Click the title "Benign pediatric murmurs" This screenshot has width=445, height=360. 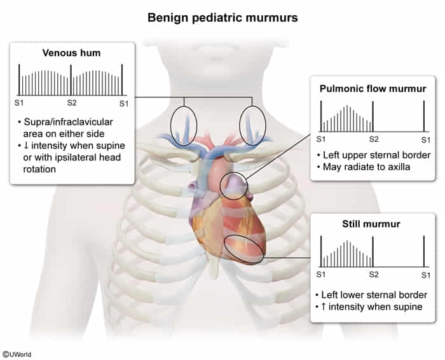tap(222, 17)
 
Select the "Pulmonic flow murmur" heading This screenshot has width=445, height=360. tap(373, 88)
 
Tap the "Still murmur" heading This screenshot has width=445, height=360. tap(373, 225)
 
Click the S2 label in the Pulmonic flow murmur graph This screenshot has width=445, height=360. tap(373, 138)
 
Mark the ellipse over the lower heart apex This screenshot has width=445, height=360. tap(245, 250)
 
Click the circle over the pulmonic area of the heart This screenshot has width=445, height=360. tap(233, 186)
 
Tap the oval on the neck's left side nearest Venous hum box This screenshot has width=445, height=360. tap(184, 125)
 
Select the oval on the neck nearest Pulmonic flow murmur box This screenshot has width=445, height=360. tap(252, 125)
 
